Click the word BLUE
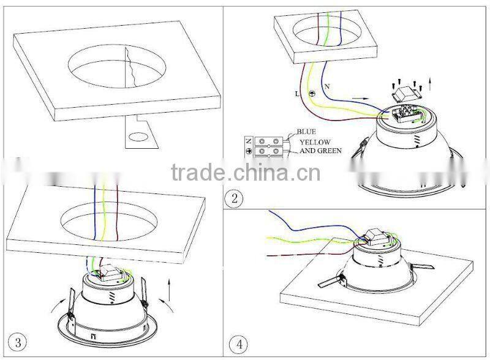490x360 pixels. click(306, 131)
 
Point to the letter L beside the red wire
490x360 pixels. click(297, 93)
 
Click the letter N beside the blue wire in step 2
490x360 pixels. click(326, 86)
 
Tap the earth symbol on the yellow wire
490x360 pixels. click(312, 94)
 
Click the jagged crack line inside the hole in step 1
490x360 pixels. click(130, 69)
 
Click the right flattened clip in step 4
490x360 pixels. click(418, 268)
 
